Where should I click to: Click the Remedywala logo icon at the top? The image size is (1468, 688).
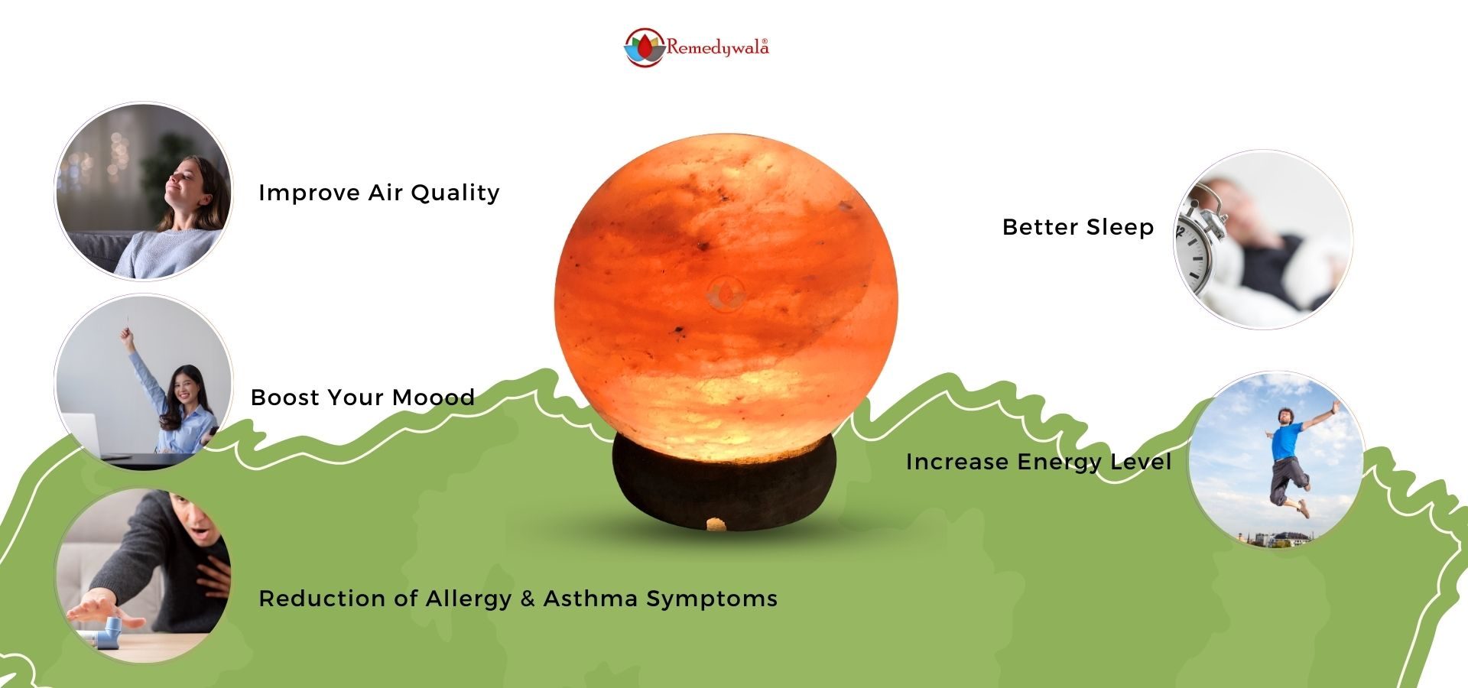point(644,48)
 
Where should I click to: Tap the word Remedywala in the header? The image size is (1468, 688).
point(716,47)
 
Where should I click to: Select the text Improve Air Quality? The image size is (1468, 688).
point(379,193)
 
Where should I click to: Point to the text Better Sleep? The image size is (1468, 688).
point(1078,227)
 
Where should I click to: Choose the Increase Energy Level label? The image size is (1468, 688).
point(1038,462)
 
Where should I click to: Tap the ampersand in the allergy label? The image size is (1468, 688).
point(528,598)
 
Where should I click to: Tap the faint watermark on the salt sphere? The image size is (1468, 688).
point(726,293)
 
